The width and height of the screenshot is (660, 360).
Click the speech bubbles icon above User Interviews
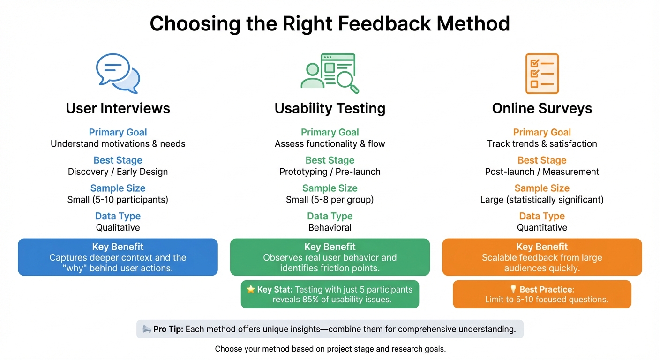(x=118, y=73)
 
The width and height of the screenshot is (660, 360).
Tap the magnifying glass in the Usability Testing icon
(x=347, y=81)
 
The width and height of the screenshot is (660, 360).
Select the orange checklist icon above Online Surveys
(x=542, y=74)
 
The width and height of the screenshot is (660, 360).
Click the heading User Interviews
(x=118, y=108)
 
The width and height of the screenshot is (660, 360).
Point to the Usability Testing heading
(x=330, y=108)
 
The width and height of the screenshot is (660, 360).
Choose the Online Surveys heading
(x=542, y=108)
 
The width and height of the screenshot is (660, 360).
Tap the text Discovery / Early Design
(x=118, y=172)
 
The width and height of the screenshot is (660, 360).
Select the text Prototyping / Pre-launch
(x=330, y=172)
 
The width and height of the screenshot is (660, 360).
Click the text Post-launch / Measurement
(x=542, y=172)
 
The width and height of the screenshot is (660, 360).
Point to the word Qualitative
(x=118, y=227)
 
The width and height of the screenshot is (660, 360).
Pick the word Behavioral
(x=330, y=227)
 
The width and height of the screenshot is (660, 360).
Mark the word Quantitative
(x=542, y=227)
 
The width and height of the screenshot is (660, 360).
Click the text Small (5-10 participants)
(x=118, y=200)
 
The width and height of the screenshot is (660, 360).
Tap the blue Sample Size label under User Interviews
(x=118, y=188)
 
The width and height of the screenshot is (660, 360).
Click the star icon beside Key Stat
(x=251, y=289)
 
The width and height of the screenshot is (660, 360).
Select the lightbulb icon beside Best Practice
(x=513, y=289)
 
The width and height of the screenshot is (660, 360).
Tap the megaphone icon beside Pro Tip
(x=147, y=329)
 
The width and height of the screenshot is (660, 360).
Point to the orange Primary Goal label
(x=542, y=132)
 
